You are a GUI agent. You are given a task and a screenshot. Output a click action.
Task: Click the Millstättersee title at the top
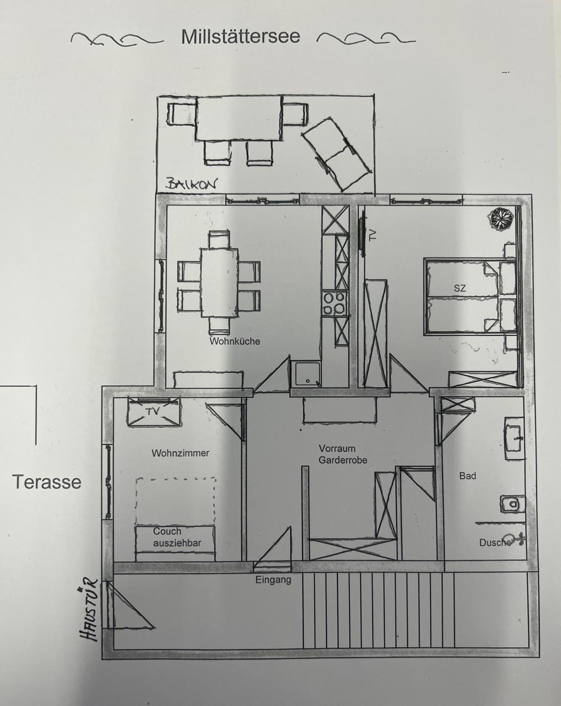[x=240, y=37]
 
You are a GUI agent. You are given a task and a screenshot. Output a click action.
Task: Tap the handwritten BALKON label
[x=191, y=184]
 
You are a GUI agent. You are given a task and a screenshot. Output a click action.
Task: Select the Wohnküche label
[x=235, y=341]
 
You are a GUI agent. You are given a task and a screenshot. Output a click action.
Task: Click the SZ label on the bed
[x=460, y=288]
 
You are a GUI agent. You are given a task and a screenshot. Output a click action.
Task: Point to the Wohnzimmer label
[x=181, y=453]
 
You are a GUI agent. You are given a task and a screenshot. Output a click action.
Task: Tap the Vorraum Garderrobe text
[x=343, y=454]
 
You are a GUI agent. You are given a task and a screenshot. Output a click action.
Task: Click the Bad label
[x=468, y=476]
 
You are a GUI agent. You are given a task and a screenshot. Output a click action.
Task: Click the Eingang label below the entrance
[x=273, y=580]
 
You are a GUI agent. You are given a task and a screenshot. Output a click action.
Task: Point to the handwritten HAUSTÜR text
[x=88, y=609]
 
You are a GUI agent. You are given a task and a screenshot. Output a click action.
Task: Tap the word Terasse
[x=47, y=482]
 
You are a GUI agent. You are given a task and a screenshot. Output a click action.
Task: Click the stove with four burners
[x=334, y=304]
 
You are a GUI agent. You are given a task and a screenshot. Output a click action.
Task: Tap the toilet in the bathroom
[x=512, y=504]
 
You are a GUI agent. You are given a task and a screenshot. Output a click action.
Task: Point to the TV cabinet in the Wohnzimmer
[x=153, y=412]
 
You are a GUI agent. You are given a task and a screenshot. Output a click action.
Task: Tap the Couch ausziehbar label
[x=177, y=537]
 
